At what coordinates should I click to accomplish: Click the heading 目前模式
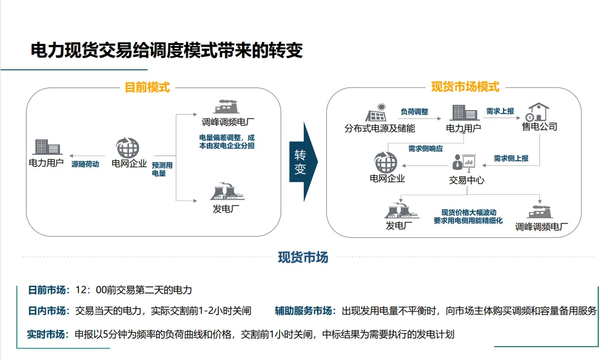(x=148, y=88)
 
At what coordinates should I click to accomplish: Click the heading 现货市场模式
(x=465, y=88)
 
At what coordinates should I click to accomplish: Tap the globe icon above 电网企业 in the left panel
(x=127, y=147)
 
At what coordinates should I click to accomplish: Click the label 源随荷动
(x=85, y=164)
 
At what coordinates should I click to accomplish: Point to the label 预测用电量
(x=162, y=169)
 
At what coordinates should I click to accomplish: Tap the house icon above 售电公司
(x=538, y=111)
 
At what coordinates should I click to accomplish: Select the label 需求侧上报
(x=511, y=158)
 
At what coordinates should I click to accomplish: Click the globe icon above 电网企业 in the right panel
(x=386, y=162)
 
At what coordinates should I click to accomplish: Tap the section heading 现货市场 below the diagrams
(x=303, y=257)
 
